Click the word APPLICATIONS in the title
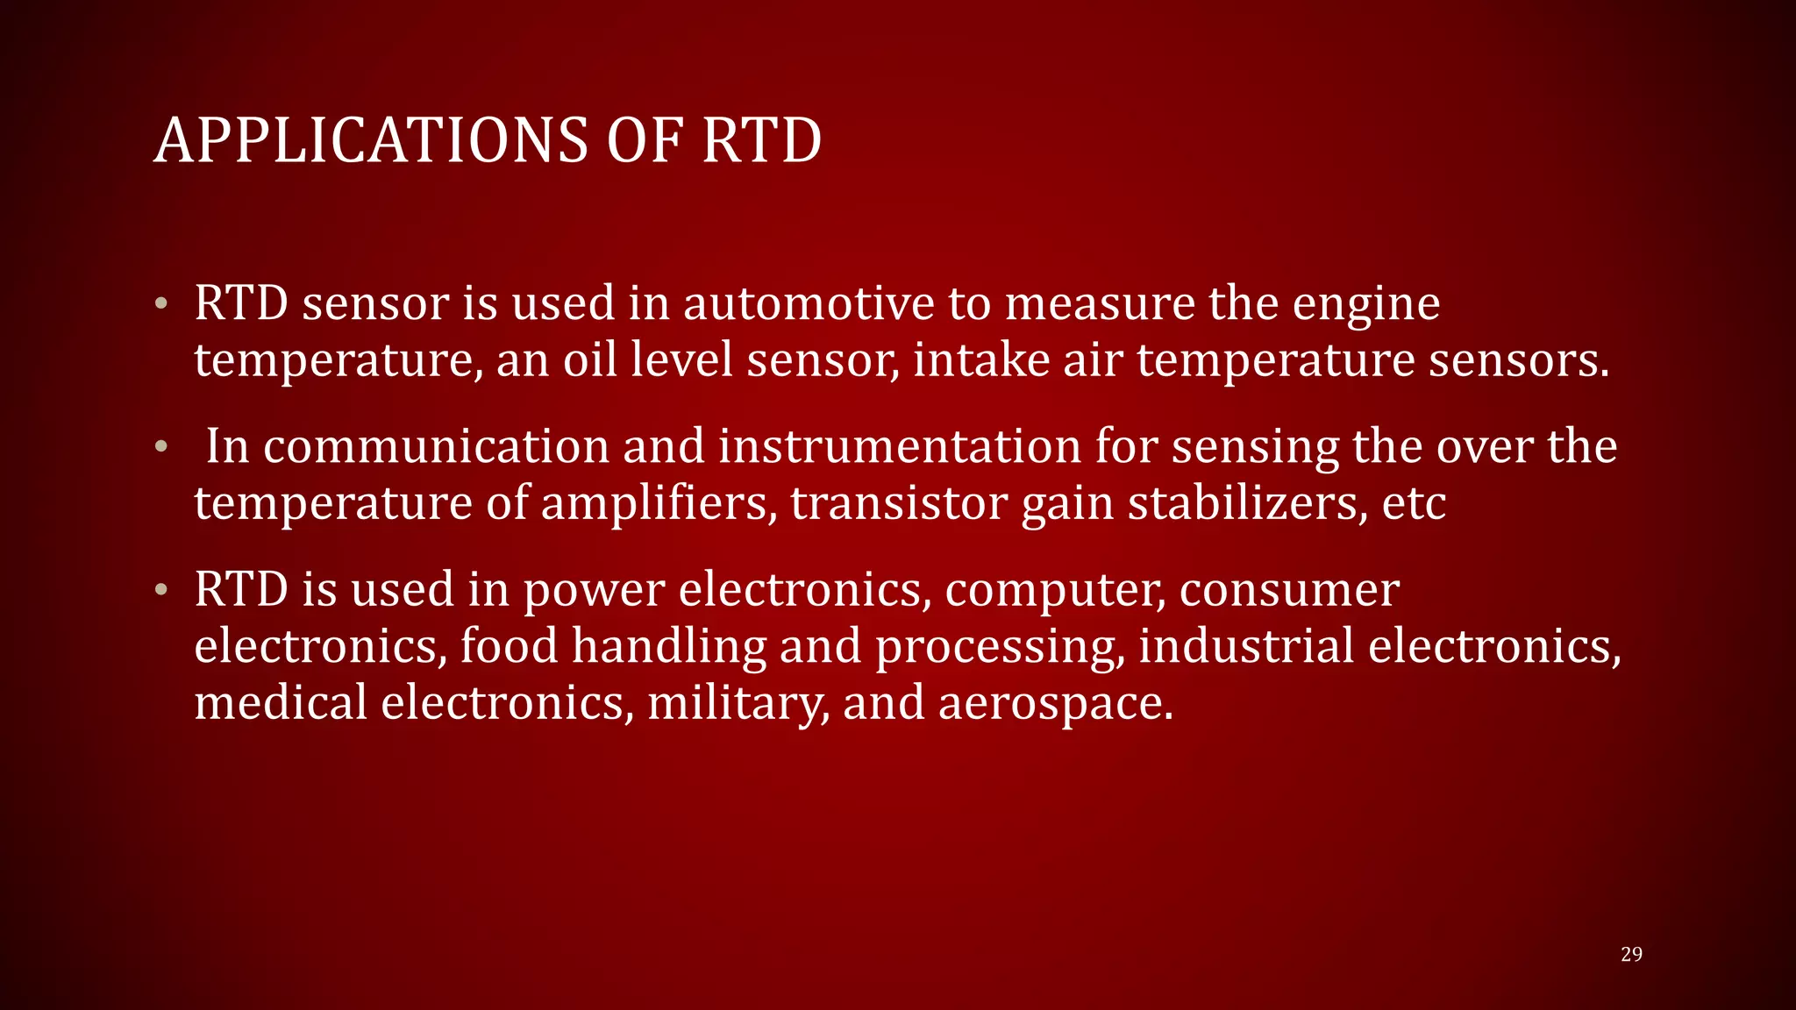pyautogui.click(x=371, y=140)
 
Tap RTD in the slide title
pyautogui.click(x=761, y=140)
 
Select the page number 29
pyautogui.click(x=1631, y=954)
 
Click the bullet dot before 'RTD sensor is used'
pyautogui.click(x=160, y=304)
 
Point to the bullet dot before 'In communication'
pyautogui.click(x=160, y=447)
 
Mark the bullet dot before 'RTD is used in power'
pyautogui.click(x=160, y=590)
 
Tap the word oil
pyautogui.click(x=589, y=359)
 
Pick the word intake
pyautogui.click(x=981, y=359)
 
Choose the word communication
pyautogui.click(x=436, y=446)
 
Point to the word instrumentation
pyautogui.click(x=900, y=446)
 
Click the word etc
pyautogui.click(x=1414, y=504)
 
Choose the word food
pyautogui.click(x=509, y=645)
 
